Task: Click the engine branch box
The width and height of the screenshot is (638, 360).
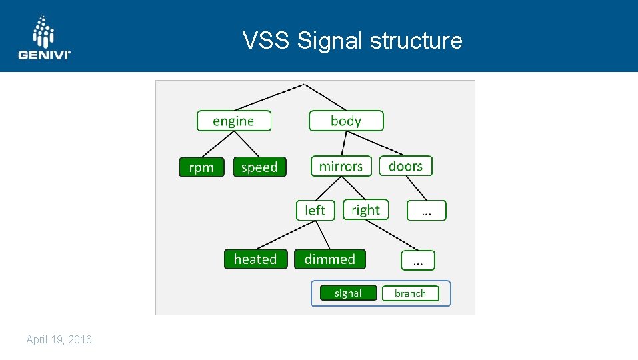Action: click(x=234, y=121)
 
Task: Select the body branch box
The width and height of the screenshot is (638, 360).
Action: click(x=346, y=121)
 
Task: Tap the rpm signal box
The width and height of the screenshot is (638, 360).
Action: click(x=201, y=167)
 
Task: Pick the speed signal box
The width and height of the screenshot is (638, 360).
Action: click(x=259, y=167)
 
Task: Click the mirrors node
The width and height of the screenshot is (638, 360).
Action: click(x=341, y=166)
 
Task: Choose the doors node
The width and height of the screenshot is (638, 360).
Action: click(x=405, y=165)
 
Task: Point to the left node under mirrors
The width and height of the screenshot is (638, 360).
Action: click(x=315, y=210)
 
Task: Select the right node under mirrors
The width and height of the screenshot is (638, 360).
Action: click(x=365, y=209)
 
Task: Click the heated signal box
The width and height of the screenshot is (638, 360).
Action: click(x=255, y=259)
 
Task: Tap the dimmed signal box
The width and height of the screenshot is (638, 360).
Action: click(x=330, y=259)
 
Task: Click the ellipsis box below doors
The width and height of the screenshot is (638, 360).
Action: click(x=427, y=211)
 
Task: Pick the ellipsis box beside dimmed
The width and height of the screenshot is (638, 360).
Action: click(x=418, y=260)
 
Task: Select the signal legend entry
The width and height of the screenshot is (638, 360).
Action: click(x=348, y=293)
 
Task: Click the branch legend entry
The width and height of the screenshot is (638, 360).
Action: click(x=410, y=293)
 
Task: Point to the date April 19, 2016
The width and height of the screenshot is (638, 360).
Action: click(x=59, y=340)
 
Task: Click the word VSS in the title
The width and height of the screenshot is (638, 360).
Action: click(x=267, y=41)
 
